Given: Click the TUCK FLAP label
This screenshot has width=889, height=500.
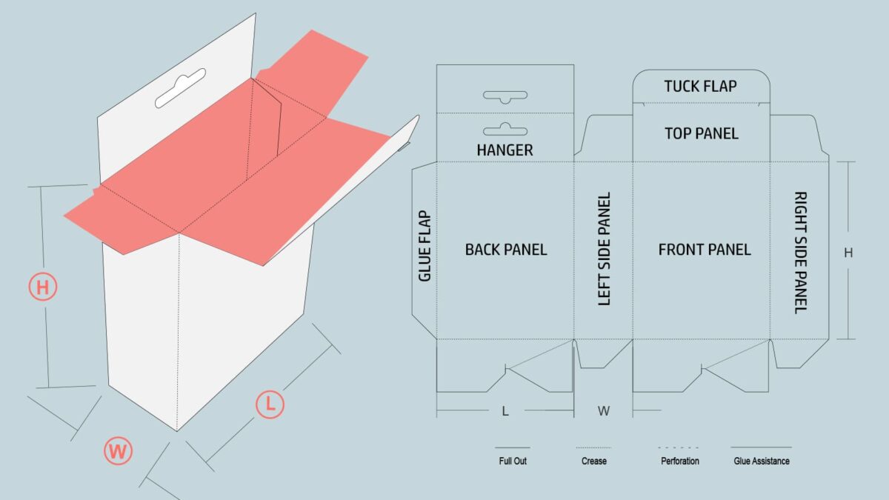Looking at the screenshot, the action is tap(701, 86).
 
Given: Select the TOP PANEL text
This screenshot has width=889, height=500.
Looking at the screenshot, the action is tap(702, 134).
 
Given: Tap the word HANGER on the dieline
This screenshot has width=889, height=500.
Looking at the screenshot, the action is tap(505, 150).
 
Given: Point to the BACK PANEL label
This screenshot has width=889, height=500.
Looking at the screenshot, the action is tap(506, 250).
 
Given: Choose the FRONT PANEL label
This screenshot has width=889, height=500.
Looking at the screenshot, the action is tap(705, 250).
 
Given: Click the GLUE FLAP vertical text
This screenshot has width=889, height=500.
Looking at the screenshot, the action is tap(424, 246).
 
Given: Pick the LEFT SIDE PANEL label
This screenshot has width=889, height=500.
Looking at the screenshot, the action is tap(604, 249).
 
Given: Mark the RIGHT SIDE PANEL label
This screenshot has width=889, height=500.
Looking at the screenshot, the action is tap(801, 253).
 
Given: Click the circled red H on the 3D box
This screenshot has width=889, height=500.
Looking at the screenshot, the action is tap(43, 287).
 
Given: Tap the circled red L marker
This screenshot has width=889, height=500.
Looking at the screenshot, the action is tap(270, 404).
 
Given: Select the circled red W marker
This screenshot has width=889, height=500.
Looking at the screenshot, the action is tap(118, 451).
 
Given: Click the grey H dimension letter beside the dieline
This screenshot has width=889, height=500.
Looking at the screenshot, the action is tap(848, 253).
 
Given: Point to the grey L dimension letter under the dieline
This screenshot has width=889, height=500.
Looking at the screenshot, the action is tap(505, 411).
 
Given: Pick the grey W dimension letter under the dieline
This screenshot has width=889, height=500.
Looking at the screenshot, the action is tap(604, 411).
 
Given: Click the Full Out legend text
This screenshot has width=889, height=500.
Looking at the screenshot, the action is tap(513, 461).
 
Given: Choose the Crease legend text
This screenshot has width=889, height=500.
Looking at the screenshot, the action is tap(593, 461).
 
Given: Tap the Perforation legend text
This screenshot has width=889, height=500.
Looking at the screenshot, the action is tap(680, 461).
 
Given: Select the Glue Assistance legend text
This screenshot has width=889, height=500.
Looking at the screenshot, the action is tap(762, 461).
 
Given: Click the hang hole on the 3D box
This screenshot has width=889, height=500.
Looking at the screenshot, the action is tap(180, 88).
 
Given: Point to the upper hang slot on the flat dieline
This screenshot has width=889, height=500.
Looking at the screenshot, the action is tap(505, 97).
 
